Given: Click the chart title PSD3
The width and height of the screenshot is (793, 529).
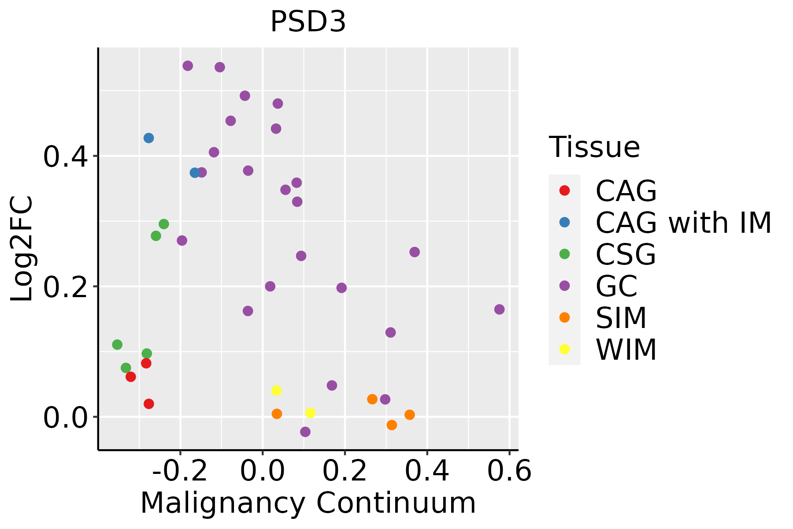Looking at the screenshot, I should [x=308, y=22].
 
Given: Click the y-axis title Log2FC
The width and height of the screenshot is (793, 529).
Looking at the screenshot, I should [x=22, y=249].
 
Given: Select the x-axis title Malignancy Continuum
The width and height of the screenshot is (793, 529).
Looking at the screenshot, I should [x=308, y=503].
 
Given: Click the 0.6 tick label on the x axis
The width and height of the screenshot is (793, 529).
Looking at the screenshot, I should [x=509, y=471].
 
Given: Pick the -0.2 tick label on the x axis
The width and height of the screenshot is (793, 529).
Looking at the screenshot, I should [x=180, y=471].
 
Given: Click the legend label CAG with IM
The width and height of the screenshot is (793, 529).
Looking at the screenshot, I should [x=683, y=223].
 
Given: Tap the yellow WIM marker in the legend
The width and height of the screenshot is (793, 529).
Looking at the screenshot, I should [x=564, y=349].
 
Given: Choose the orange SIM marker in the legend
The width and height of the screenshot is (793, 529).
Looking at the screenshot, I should [x=564, y=317].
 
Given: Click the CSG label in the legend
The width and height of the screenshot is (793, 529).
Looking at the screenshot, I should [x=626, y=254].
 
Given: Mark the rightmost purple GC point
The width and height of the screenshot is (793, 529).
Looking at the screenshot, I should [x=499, y=309].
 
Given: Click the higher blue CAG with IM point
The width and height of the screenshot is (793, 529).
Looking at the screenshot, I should [x=149, y=138].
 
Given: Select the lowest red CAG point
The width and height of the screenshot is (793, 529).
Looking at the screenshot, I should [x=149, y=404].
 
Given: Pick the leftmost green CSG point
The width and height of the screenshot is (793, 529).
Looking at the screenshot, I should [x=117, y=345].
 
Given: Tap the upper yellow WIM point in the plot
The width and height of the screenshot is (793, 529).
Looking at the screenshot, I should [x=276, y=391].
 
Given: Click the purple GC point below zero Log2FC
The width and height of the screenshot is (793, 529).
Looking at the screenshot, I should [x=305, y=432].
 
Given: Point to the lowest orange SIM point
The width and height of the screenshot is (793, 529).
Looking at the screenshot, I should [x=392, y=425].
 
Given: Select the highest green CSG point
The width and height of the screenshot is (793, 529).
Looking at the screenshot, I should [x=164, y=224].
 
